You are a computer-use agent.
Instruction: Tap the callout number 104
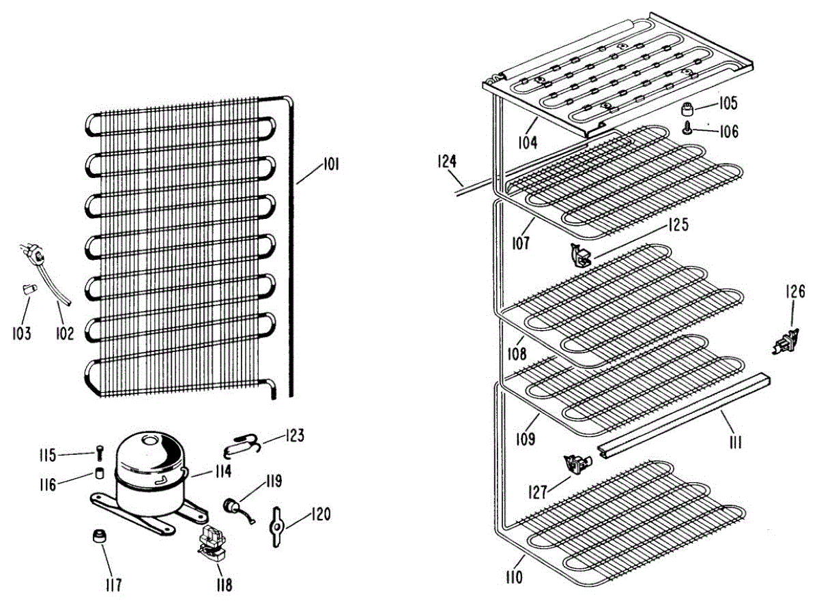tap(527, 143)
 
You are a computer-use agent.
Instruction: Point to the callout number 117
tap(113, 584)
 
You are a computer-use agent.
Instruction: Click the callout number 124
tap(446, 162)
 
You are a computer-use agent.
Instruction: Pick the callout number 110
tap(514, 578)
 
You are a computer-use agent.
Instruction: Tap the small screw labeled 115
tap(100, 452)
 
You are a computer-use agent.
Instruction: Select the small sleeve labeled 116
tap(100, 473)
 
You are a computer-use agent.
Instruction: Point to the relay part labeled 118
tap(210, 545)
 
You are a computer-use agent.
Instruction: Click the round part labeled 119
tap(232, 507)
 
